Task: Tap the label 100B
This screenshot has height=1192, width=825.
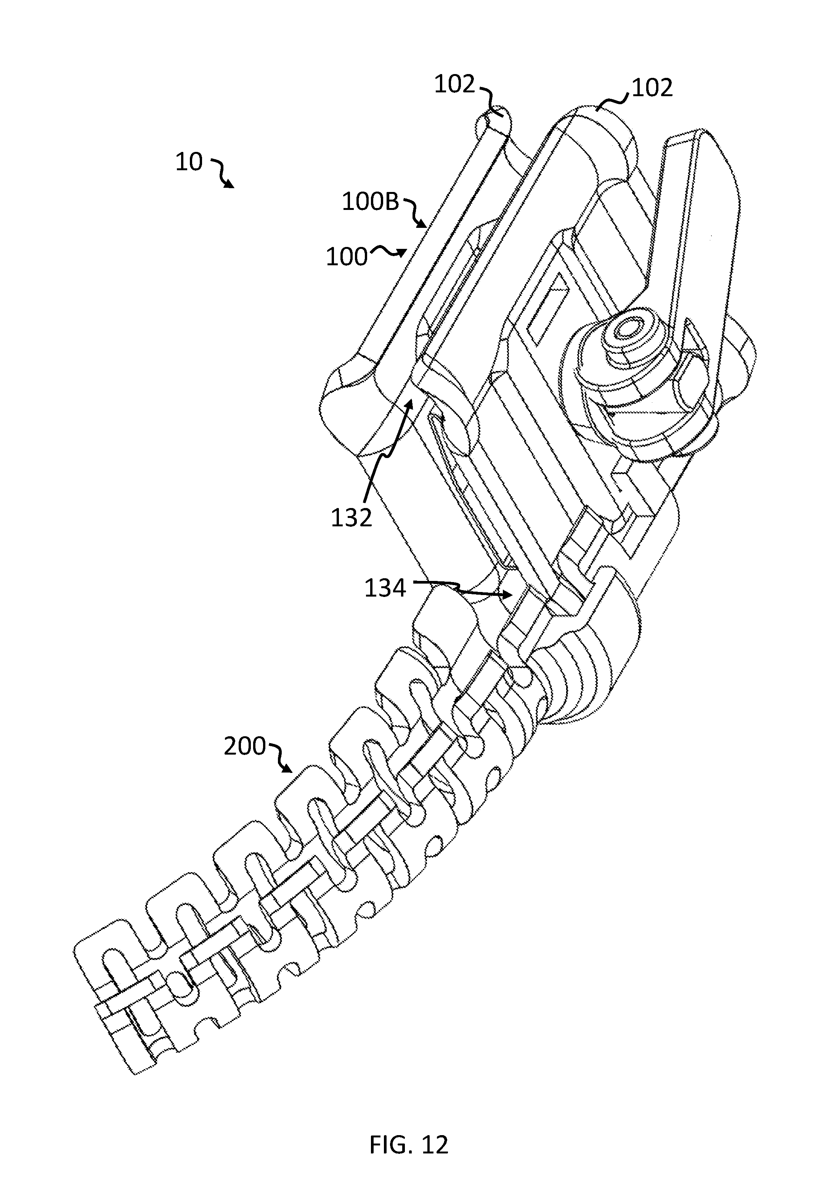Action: pyautogui.click(x=371, y=202)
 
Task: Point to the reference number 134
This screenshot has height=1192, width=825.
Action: pyautogui.click(x=385, y=588)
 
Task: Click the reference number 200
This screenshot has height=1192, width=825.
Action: pyautogui.click(x=244, y=747)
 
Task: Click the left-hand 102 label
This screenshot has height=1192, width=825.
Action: pyautogui.click(x=454, y=84)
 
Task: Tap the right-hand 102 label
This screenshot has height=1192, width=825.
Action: pyautogui.click(x=652, y=89)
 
